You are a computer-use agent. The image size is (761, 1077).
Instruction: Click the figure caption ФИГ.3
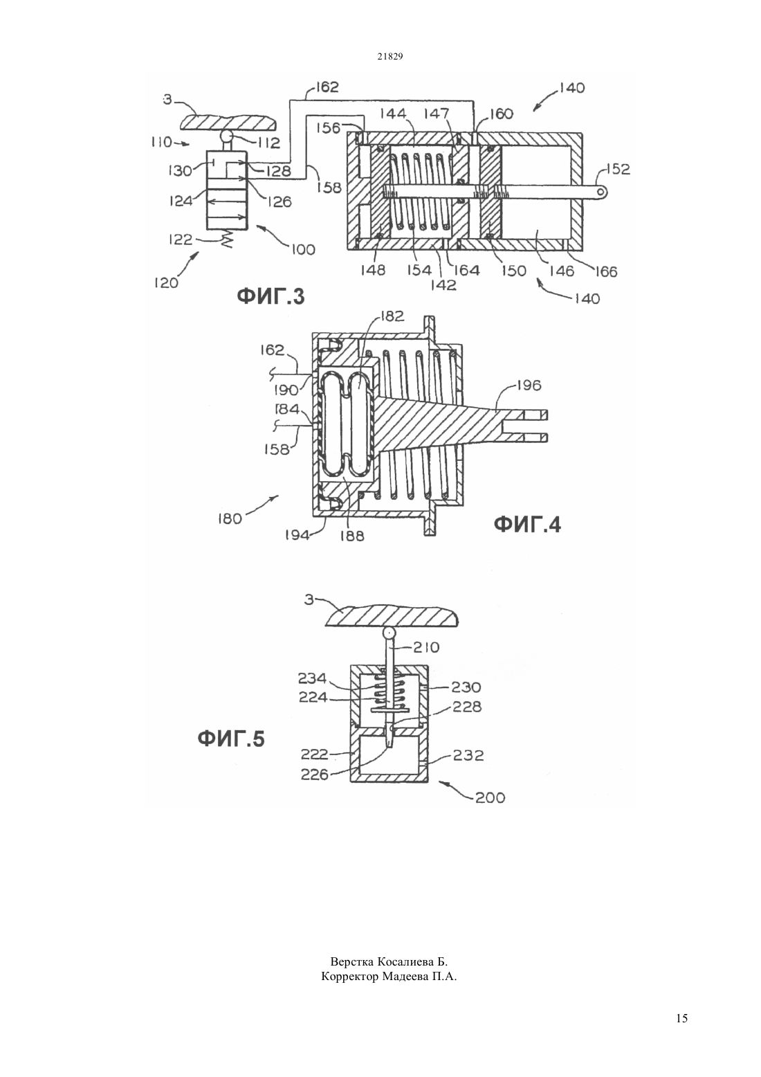tap(271, 297)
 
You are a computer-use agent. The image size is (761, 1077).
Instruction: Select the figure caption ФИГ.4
tap(527, 525)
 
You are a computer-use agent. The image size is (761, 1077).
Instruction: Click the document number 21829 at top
tap(389, 56)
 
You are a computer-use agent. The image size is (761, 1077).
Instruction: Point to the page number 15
tap(681, 1018)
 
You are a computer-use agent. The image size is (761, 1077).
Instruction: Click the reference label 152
tap(617, 170)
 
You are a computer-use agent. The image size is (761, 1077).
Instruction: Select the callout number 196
tap(529, 385)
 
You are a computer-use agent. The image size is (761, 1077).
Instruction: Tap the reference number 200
tap(490, 798)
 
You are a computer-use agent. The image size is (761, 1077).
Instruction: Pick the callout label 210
tap(426, 647)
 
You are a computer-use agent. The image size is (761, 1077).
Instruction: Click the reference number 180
tap(229, 519)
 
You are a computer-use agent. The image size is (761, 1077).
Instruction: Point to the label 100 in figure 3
tap(303, 250)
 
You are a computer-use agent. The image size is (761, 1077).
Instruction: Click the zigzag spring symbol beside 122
tap(227, 239)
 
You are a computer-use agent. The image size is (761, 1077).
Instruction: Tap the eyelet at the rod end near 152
tap(600, 192)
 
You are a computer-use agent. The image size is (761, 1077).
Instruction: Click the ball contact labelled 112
tap(226, 137)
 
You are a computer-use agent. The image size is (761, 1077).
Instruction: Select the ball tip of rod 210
tap(389, 633)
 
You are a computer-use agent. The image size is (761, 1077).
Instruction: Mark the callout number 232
tap(468, 755)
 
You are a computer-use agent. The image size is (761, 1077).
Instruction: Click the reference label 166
tap(605, 271)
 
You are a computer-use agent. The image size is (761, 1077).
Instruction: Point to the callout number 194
tap(297, 535)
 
